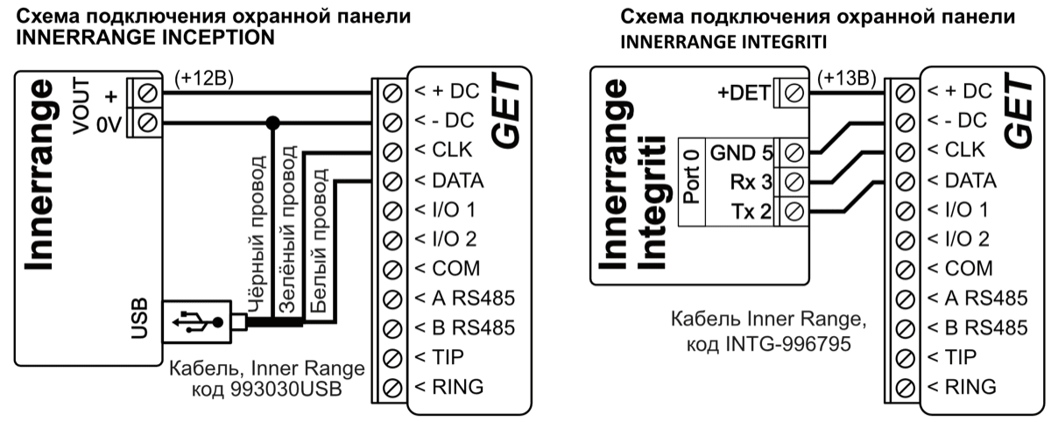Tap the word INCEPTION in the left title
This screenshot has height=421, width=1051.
point(208,38)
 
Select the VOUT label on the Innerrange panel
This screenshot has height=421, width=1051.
point(81,103)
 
